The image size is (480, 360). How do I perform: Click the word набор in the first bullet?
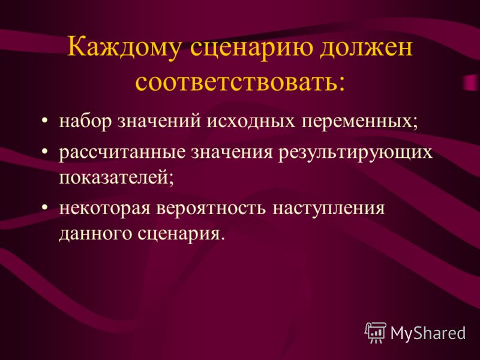(85, 121)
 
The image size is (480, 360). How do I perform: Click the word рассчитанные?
(122, 152)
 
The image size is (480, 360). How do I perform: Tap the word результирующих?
(355, 152)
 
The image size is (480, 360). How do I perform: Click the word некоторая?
(104, 208)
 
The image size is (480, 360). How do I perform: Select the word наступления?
(328, 209)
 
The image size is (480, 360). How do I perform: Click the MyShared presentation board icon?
(376, 332)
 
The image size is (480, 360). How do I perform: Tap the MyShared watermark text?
(428, 333)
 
